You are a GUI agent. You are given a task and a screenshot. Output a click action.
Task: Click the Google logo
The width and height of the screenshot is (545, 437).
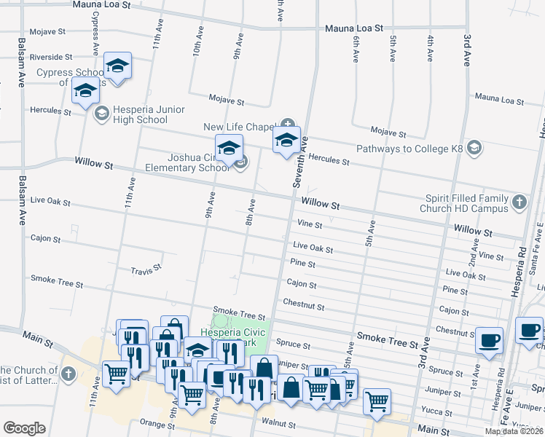click(24, 428)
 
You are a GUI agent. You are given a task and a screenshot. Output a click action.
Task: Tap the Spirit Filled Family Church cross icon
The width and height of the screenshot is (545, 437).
click(519, 202)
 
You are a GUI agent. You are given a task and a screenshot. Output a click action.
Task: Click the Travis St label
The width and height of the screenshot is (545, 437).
click(146, 269)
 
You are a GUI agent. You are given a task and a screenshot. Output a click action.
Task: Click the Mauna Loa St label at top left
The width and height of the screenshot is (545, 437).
click(101, 4)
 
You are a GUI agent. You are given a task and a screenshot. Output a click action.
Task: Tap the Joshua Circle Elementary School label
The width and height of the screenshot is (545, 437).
click(198, 162)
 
